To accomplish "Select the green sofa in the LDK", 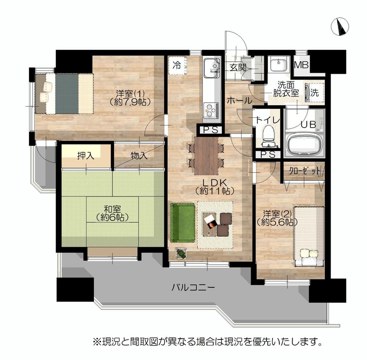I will click(x=182, y=223).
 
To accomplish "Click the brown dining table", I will click(x=206, y=155).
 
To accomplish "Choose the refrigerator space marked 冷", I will click(x=177, y=66).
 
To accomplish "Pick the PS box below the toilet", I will click(x=268, y=155).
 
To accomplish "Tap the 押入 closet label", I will click(x=86, y=156).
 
